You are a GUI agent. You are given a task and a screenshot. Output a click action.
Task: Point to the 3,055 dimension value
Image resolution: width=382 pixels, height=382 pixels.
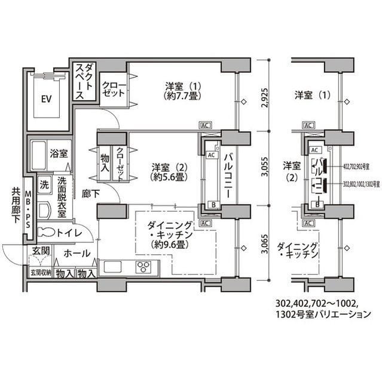pyautogui.click(x=265, y=168)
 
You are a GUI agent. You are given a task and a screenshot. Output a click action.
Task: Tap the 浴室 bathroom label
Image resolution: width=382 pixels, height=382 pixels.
pyautogui.click(x=58, y=153)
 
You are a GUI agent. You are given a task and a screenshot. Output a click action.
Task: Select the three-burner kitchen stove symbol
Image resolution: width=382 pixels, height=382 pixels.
pyautogui.click(x=144, y=267)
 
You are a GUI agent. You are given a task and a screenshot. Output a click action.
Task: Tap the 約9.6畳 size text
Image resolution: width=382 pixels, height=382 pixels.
pyautogui.click(x=170, y=245)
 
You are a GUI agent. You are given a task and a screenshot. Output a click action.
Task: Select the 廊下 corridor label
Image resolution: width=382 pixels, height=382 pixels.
pyautogui.click(x=91, y=195)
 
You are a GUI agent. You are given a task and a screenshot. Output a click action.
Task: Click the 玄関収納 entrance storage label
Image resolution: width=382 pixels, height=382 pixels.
pyautogui.click(x=40, y=273)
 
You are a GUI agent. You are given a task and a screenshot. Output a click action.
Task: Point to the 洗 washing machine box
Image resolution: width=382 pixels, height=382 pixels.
pyautogui.click(x=44, y=185)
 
